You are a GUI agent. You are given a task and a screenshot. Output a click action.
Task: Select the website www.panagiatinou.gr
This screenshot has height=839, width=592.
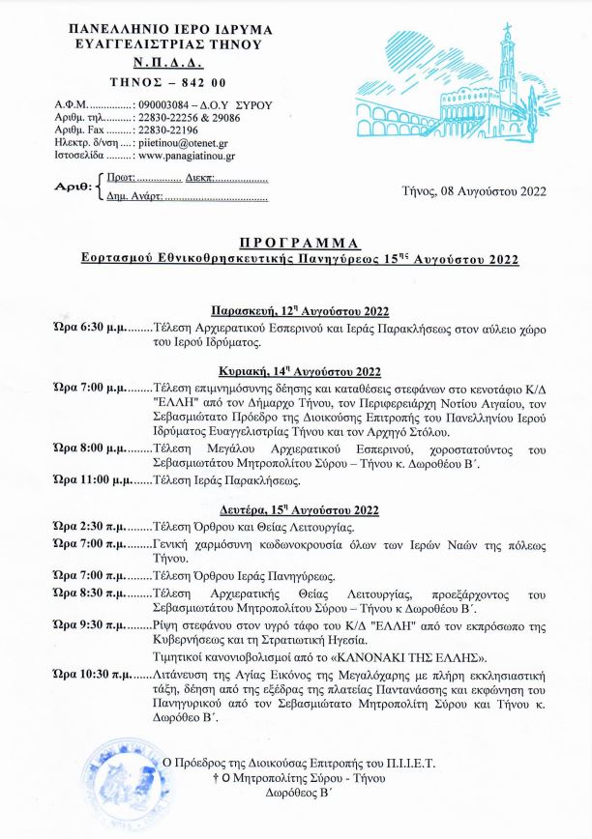(187, 154)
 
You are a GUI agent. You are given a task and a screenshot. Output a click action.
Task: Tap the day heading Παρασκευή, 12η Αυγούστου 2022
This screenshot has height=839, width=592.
(300, 310)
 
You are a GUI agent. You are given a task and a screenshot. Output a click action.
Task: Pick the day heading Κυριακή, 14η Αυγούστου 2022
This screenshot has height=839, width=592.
(300, 371)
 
